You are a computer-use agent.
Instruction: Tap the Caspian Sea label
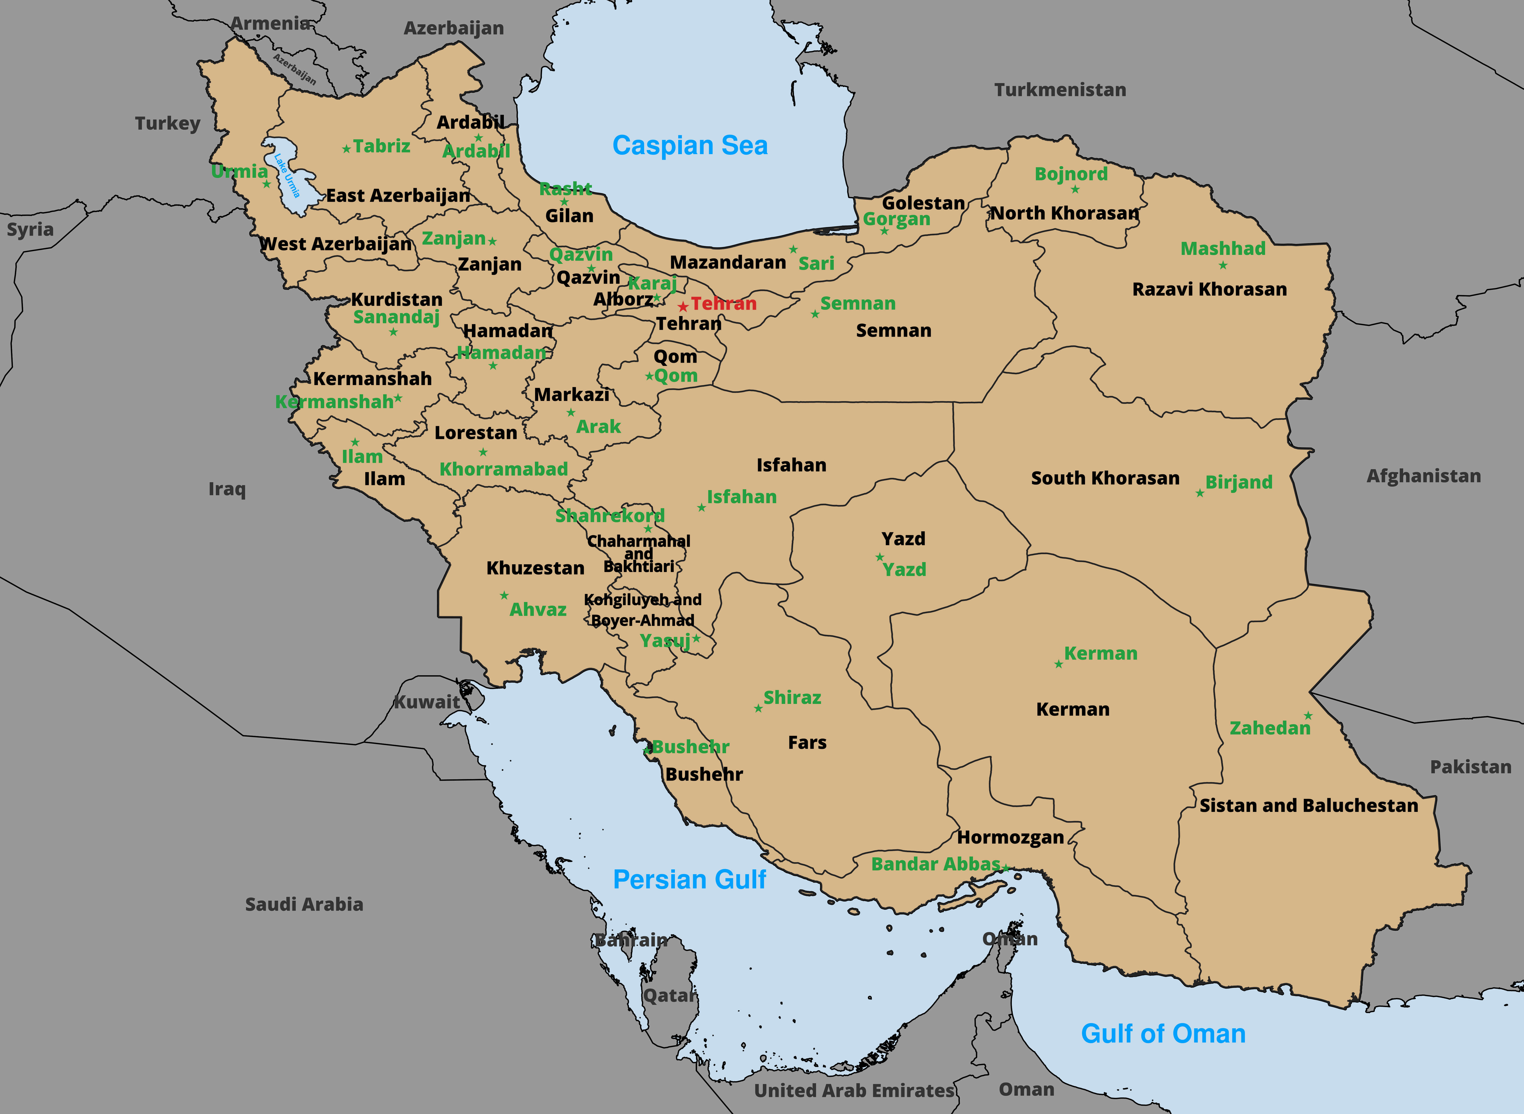pyautogui.click(x=690, y=146)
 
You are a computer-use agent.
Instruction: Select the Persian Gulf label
pyautogui.click(x=689, y=879)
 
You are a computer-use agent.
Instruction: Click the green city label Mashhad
pyautogui.click(x=1223, y=248)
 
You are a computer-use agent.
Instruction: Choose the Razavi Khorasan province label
pyautogui.click(x=1209, y=289)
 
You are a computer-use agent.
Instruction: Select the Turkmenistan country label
pyautogui.click(x=1059, y=90)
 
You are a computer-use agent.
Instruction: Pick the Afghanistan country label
pyautogui.click(x=1423, y=476)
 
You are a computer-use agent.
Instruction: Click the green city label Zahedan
pyautogui.click(x=1270, y=728)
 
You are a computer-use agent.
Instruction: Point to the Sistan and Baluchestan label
pyautogui.click(x=1308, y=806)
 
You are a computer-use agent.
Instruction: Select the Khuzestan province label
pyautogui.click(x=535, y=568)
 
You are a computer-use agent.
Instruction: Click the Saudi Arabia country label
pyautogui.click(x=304, y=904)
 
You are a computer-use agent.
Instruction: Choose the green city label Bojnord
pyautogui.click(x=1071, y=174)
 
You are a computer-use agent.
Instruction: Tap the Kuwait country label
pyautogui.click(x=427, y=702)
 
